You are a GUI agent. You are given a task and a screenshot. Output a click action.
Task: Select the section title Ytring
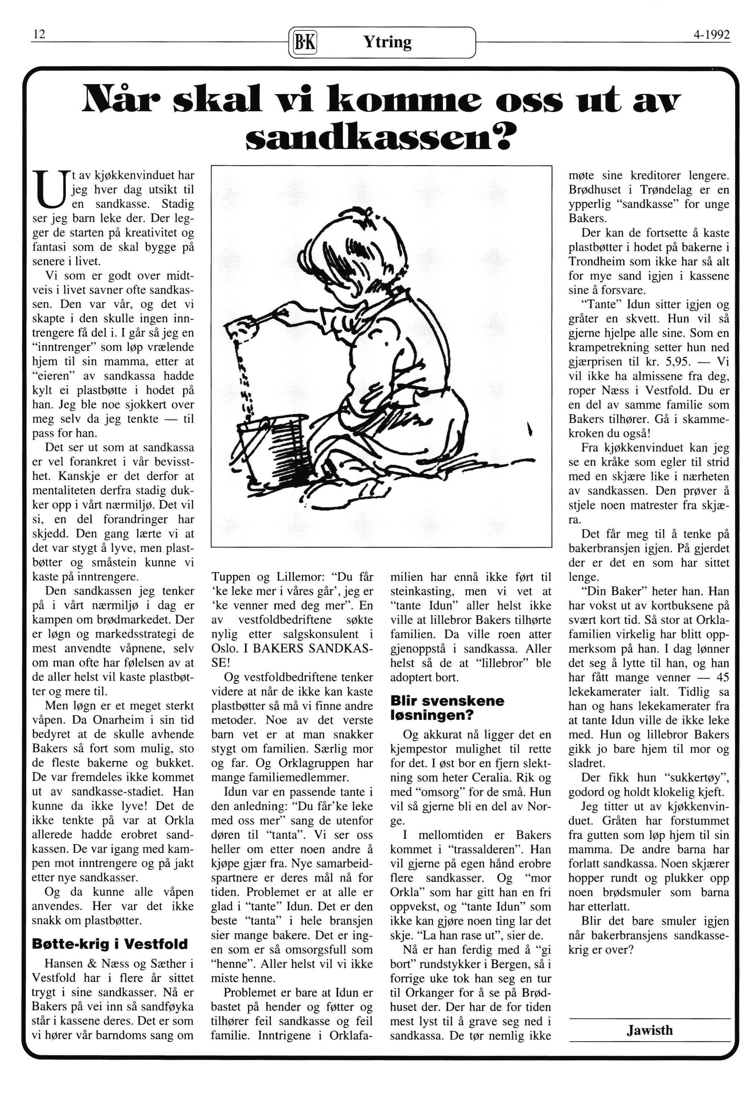[387, 42]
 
